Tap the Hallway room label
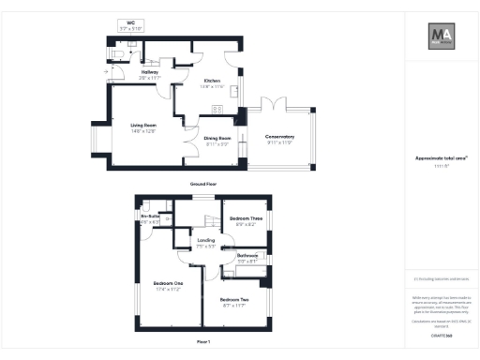[x=150, y=71]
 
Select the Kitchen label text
[x=212, y=82]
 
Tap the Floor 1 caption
[x=203, y=342]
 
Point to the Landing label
[x=207, y=240]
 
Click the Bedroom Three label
[x=246, y=218]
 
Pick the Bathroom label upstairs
[x=247, y=255]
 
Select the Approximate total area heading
[x=441, y=158]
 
